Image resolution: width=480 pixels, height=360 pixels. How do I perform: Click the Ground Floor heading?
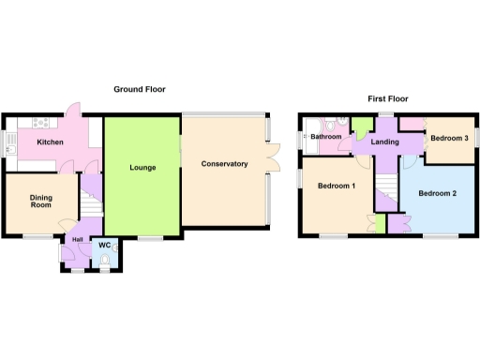click(x=140, y=90)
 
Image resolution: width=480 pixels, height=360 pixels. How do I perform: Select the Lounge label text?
click(x=143, y=168)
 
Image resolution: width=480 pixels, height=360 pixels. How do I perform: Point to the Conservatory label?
click(x=225, y=164)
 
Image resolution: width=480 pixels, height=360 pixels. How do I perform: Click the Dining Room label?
click(x=39, y=202)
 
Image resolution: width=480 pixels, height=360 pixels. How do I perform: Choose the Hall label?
click(x=76, y=239)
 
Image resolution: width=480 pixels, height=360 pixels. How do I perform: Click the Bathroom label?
click(x=326, y=137)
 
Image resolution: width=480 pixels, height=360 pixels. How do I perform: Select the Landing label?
click(x=385, y=142)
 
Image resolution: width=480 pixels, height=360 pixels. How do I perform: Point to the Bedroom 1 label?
click(x=337, y=186)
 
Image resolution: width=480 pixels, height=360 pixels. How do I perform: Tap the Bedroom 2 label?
click(x=437, y=194)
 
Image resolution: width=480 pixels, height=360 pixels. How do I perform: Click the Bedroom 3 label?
click(x=448, y=139)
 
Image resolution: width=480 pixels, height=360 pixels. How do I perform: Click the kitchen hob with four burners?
click(x=41, y=123)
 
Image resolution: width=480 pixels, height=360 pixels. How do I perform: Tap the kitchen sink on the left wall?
click(x=10, y=143)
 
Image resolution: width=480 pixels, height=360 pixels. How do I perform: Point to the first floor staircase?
click(x=384, y=192)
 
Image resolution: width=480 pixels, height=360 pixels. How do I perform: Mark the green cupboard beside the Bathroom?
click(x=362, y=127)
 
